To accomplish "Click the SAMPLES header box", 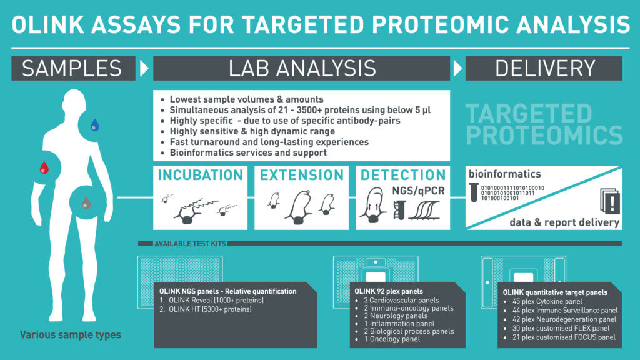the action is click(74, 68).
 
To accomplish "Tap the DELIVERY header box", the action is click(544, 68).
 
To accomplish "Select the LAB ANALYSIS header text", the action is click(302, 69).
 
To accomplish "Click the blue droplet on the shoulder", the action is click(95, 124).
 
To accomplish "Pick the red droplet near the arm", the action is click(44, 167).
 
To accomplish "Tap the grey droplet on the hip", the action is click(86, 202).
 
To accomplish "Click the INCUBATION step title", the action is click(201, 175).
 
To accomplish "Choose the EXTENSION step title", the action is click(302, 175).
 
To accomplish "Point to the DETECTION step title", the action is click(403, 175).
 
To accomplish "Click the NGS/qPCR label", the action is click(418, 191).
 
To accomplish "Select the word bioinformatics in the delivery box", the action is click(504, 174).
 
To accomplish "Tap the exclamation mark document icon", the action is click(610, 201).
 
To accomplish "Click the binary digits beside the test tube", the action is click(512, 193).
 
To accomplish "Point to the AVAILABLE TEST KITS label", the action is click(190, 244).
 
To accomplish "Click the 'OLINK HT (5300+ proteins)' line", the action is click(206, 309).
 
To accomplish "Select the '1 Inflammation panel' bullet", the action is click(395, 324).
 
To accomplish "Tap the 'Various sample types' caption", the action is click(71, 335).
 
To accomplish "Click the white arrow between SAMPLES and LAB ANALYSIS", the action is click(144, 68).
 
